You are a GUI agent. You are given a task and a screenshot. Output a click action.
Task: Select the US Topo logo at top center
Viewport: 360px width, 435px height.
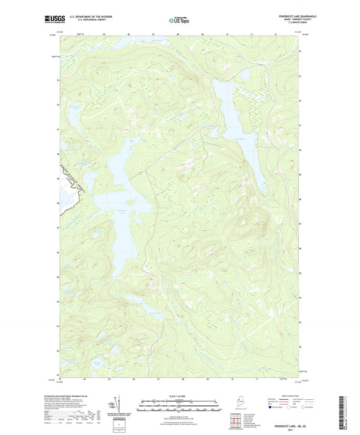pyautogui.click(x=176, y=20)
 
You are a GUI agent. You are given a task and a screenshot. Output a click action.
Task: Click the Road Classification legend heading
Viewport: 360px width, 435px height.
pyautogui.click(x=287, y=390)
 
